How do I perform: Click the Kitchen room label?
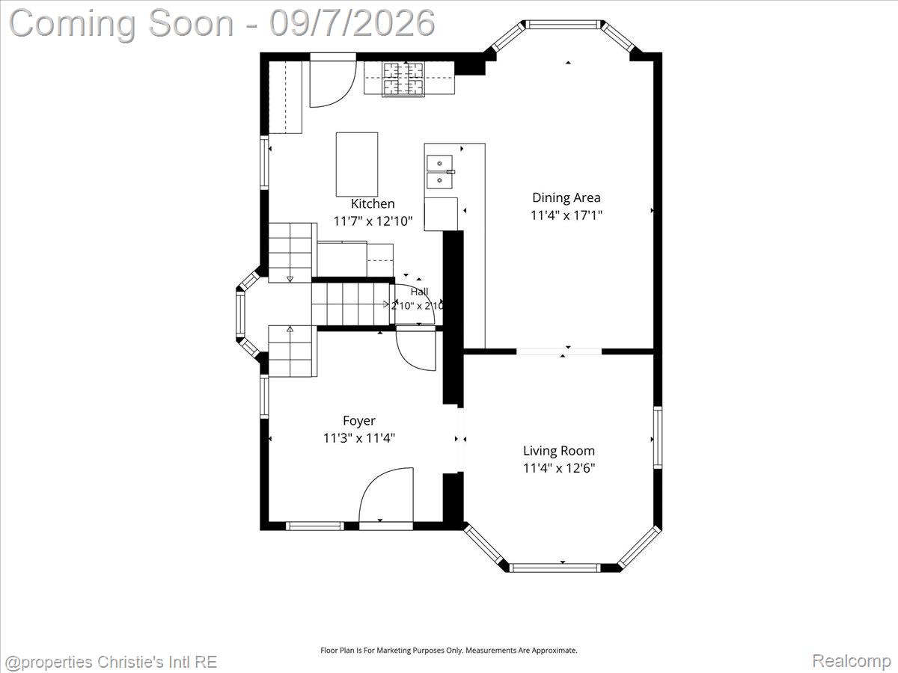(373, 203)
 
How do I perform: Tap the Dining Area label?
(566, 197)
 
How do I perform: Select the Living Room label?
(559, 451)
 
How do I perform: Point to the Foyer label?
(358, 421)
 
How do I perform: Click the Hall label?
(419, 292)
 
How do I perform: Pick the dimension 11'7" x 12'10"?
(373, 221)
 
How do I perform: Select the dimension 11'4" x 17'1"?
(566, 215)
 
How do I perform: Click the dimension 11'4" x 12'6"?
(559, 468)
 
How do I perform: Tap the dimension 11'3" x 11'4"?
(358, 438)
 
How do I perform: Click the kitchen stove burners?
(403, 79)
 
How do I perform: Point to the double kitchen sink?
(440, 172)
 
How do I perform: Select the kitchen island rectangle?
(357, 165)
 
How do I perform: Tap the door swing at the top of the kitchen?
(332, 84)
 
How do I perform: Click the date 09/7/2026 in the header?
(352, 23)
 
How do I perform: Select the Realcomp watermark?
(852, 660)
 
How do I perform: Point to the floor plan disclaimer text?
(449, 650)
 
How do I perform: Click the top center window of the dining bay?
(563, 25)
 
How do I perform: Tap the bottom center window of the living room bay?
(555, 568)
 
